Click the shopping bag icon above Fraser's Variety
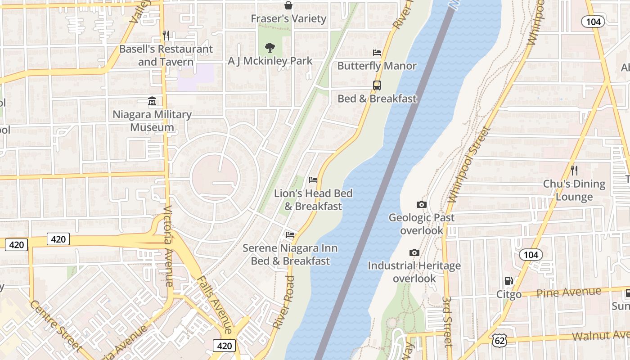[288, 5]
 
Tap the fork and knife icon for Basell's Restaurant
[166, 36]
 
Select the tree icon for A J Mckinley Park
[270, 47]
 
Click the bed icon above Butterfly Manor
[377, 53]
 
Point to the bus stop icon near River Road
[377, 85]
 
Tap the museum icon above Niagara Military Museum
[152, 102]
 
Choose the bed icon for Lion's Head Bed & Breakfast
[313, 180]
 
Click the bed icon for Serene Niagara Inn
[290, 235]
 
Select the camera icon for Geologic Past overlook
[422, 205]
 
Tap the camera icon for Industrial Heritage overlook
[414, 253]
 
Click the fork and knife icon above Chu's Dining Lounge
[574, 171]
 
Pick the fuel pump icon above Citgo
[508, 281]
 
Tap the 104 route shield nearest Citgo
[531, 255]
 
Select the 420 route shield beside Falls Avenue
[224, 346]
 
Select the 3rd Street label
[447, 321]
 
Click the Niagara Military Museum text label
[152, 121]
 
